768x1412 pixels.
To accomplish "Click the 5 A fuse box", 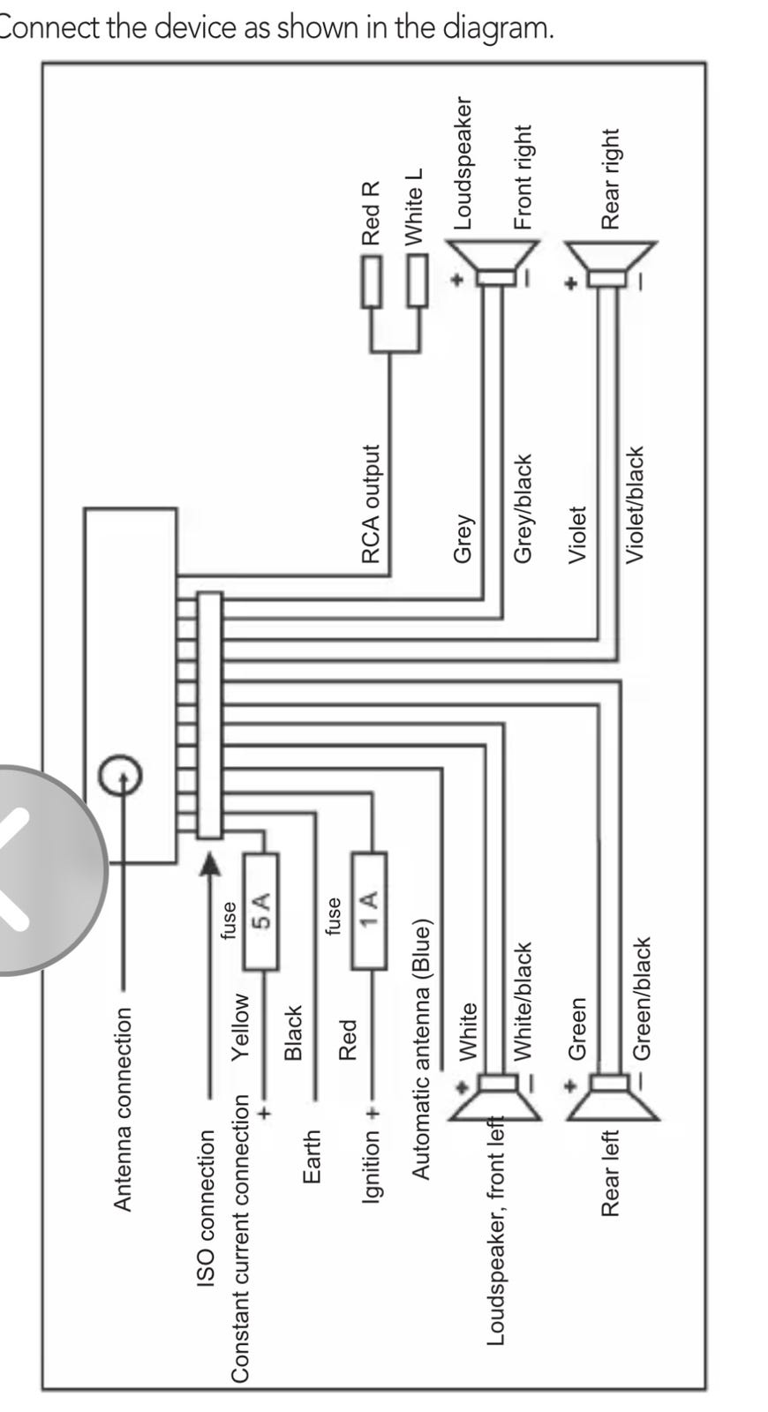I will [x=260, y=912].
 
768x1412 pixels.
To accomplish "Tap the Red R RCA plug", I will [x=371, y=281].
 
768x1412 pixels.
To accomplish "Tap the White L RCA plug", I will [x=417, y=281].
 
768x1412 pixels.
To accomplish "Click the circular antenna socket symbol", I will [x=120, y=776].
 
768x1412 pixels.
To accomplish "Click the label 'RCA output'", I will [x=372, y=504].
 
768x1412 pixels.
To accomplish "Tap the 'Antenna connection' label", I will [x=123, y=1109].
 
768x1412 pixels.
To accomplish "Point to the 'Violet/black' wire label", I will [x=636, y=504].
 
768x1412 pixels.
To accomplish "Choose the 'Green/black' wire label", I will [x=642, y=998].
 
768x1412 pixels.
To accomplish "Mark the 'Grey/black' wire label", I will [x=523, y=508].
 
